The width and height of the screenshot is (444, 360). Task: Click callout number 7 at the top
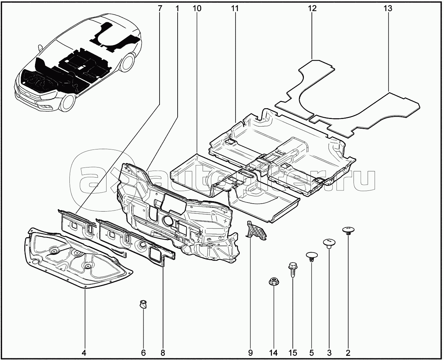[160, 8]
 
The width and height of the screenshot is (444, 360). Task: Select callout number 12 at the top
[312, 8]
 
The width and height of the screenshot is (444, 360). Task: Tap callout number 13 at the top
[388, 8]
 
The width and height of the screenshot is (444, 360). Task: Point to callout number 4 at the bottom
[84, 353]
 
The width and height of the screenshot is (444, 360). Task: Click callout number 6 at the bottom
[143, 353]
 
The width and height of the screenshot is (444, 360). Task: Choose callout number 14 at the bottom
[273, 353]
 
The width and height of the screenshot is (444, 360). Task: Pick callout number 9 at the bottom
[250, 353]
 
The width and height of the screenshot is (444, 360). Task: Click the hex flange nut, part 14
[274, 282]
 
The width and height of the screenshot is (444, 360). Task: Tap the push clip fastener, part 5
[312, 257]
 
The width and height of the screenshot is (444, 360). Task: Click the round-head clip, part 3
[329, 243]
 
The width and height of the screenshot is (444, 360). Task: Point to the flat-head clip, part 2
[349, 231]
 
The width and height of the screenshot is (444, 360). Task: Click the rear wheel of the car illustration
[127, 61]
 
